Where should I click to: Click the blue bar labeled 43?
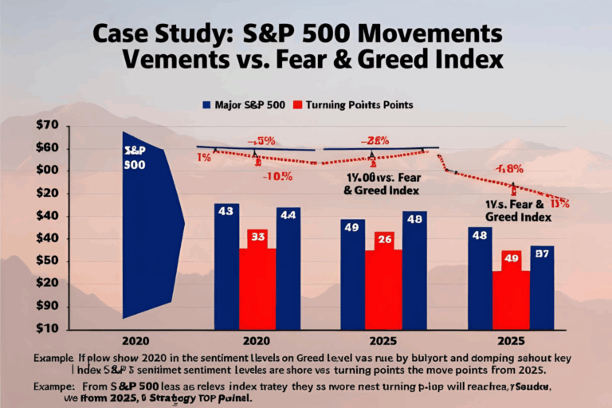226,267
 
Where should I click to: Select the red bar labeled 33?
257,279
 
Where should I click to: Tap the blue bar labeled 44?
288,269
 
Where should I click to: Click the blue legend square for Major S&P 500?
206,104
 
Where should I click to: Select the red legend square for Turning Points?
299,104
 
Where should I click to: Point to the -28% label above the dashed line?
375,141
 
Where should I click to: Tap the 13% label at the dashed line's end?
559,204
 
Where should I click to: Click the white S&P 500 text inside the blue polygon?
135,158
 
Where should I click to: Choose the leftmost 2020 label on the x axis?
135,340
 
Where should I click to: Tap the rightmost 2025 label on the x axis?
510,340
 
